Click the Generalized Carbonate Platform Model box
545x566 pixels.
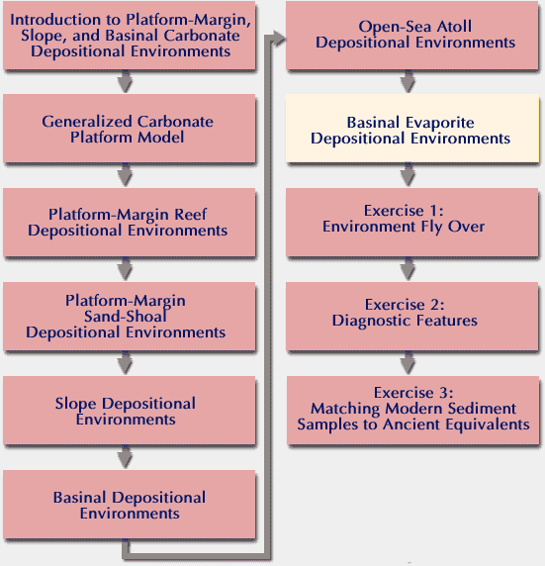(130, 129)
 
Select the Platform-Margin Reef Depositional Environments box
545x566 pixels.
(130, 223)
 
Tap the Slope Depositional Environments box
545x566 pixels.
(130, 411)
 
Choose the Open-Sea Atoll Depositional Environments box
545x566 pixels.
(412, 35)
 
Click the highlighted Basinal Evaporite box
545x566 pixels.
(412, 129)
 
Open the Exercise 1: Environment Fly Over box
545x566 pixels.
(412, 223)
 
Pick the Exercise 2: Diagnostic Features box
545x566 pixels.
(412, 317)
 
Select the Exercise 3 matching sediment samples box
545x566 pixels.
(412, 411)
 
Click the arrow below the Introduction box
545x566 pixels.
(125, 81)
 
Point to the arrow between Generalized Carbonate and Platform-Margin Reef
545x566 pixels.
(125, 175)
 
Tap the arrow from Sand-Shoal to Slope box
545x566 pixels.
(125, 363)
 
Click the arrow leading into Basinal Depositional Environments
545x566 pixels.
(125, 457)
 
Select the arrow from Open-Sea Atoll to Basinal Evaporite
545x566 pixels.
(408, 81)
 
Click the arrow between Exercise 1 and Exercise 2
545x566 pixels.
(408, 269)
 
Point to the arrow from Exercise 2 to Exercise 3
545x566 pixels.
(408, 363)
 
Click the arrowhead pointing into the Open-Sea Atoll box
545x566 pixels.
(279, 39)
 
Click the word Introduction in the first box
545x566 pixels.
(55, 20)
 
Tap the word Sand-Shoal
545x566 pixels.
(126, 317)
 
